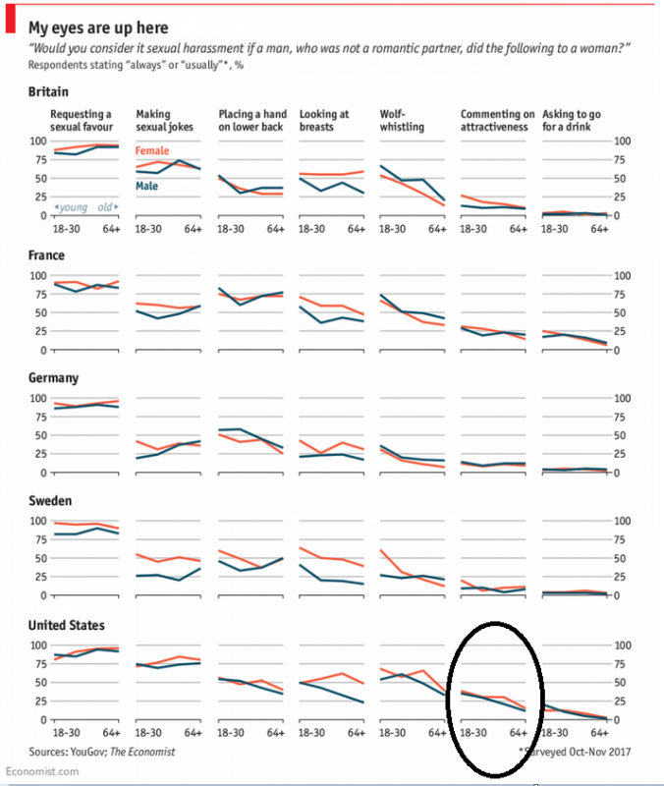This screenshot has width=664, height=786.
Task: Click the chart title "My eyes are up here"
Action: point(97,28)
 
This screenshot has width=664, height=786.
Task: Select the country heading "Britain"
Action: point(49,91)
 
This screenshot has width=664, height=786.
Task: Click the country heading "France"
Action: point(47,255)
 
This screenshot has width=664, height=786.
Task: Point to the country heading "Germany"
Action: point(54,378)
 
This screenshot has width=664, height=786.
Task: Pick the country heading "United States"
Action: point(67,625)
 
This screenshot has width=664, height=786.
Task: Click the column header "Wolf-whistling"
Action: point(403,120)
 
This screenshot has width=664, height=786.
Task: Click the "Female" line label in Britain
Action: point(152,151)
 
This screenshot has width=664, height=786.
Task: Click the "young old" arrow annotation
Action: point(86,206)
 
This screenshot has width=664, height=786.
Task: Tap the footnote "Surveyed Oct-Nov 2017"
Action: point(574,752)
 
